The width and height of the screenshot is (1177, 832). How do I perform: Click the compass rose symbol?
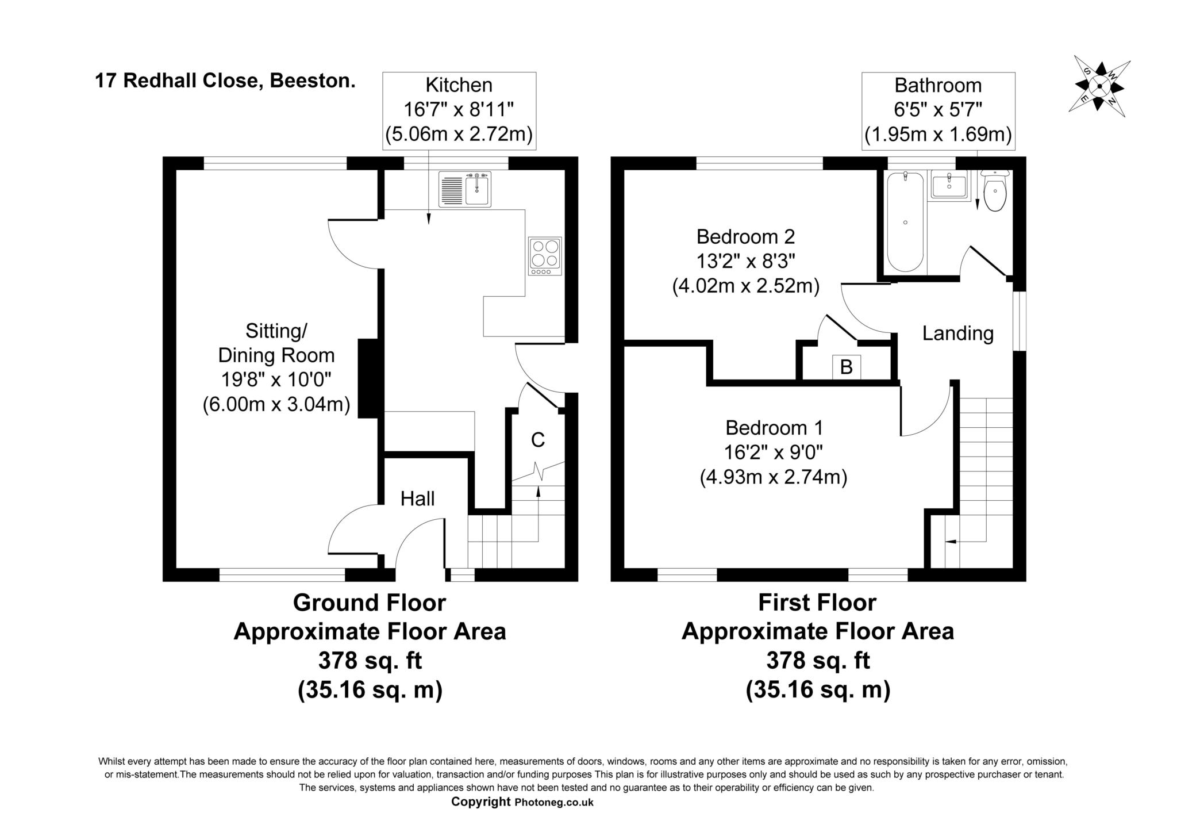click(x=1099, y=86)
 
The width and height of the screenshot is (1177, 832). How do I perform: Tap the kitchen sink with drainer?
click(x=464, y=189)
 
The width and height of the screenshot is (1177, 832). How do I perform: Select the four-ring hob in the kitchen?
click(x=545, y=256)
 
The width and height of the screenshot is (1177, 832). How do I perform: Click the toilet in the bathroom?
click(x=995, y=193)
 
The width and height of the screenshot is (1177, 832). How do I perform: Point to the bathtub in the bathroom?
click(x=905, y=221)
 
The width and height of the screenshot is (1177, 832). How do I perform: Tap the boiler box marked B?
click(x=847, y=367)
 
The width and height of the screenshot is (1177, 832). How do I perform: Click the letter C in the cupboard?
click(x=537, y=440)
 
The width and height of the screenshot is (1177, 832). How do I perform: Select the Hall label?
click(x=417, y=499)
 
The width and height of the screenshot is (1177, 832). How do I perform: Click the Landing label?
click(x=957, y=333)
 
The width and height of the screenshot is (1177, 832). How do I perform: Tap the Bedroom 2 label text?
click(x=745, y=236)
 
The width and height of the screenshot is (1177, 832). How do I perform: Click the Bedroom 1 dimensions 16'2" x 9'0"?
click(x=774, y=453)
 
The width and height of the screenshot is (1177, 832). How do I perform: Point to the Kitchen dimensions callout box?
click(x=459, y=110)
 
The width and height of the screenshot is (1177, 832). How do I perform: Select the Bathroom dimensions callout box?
click(x=938, y=110)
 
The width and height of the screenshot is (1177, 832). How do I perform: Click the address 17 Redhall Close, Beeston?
click(x=225, y=80)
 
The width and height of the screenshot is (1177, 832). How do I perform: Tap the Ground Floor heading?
click(x=369, y=603)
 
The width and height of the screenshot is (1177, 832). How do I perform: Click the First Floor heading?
click(x=817, y=603)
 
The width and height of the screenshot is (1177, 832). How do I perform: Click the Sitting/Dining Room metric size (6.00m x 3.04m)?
click(x=276, y=404)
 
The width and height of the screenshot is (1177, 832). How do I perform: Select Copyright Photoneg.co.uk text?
click(x=522, y=802)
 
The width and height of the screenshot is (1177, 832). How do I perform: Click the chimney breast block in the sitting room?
click(x=368, y=378)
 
